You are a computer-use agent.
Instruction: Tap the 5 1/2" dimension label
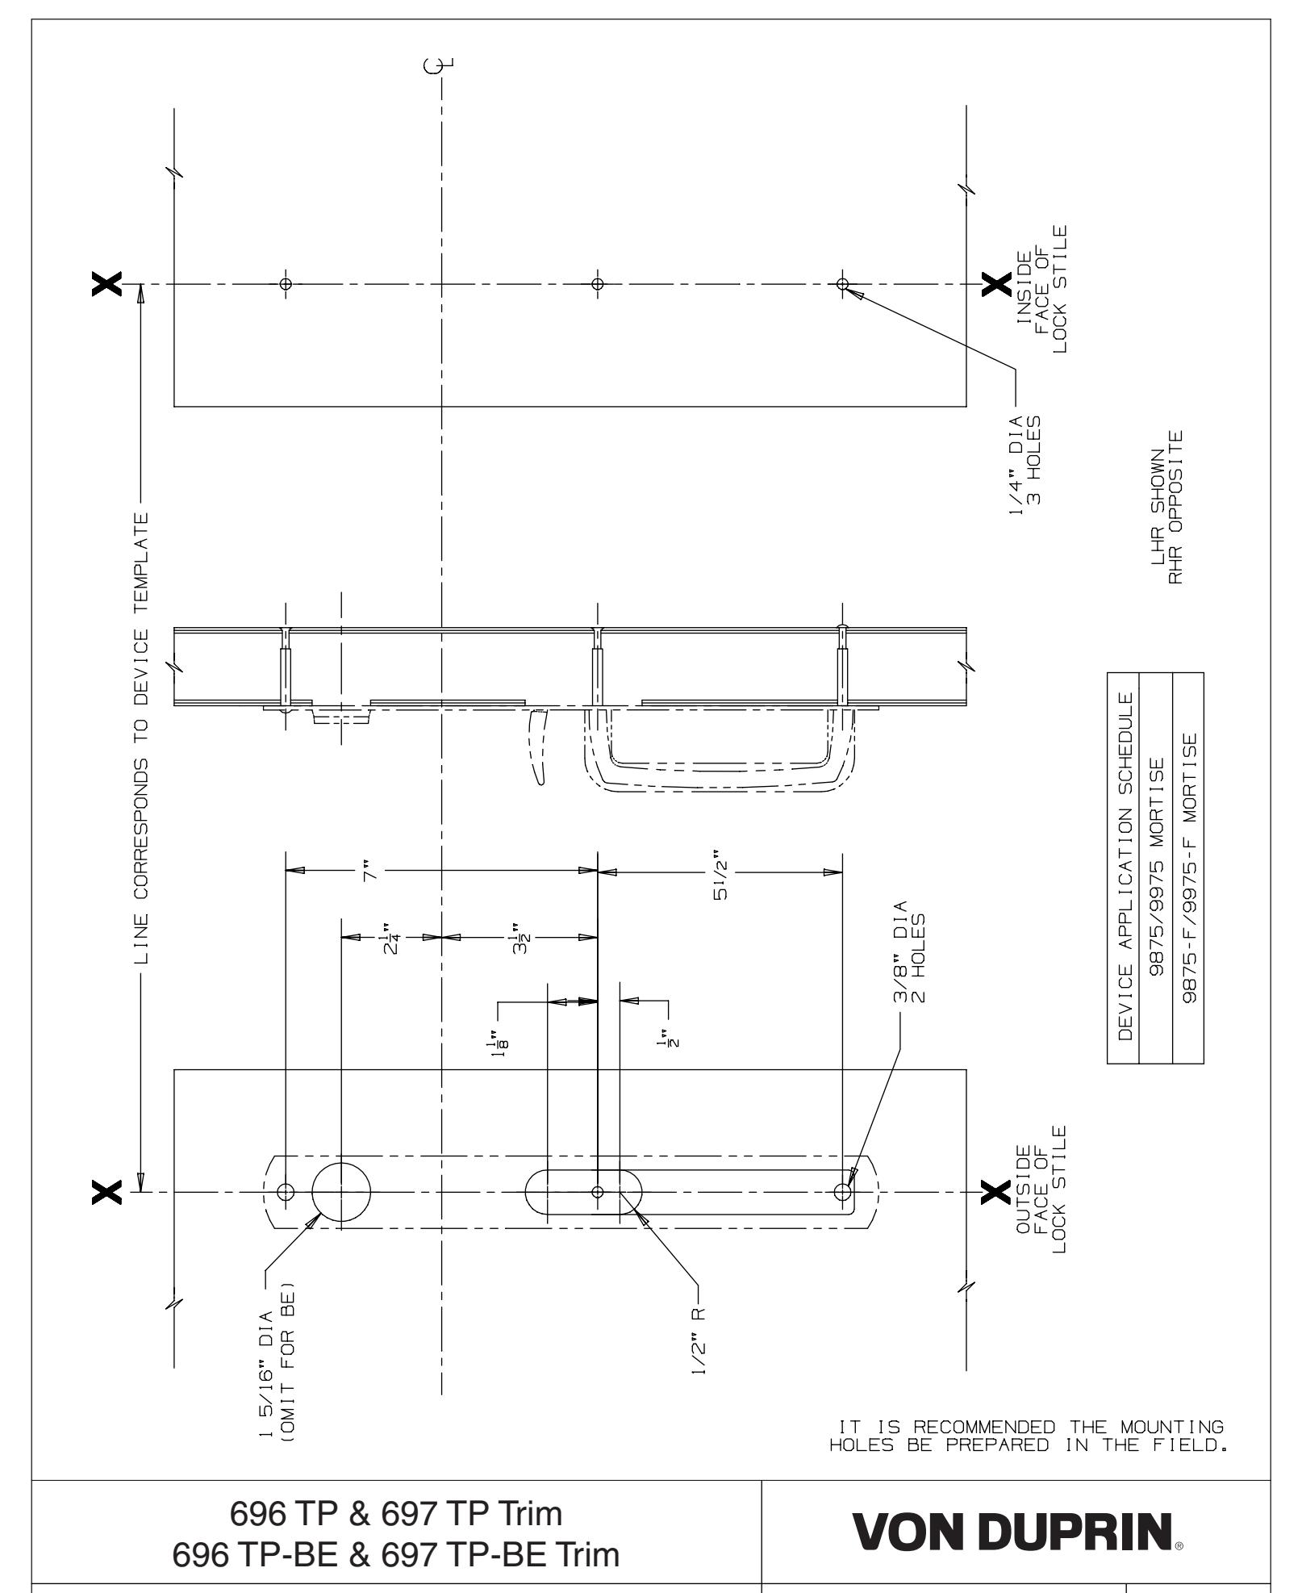pos(719,872)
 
